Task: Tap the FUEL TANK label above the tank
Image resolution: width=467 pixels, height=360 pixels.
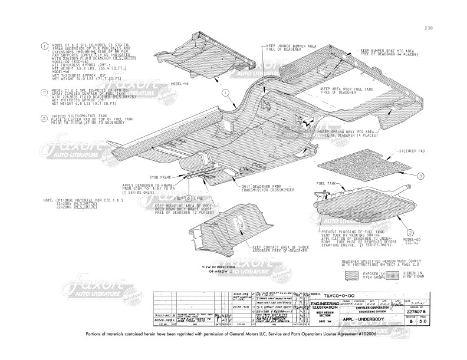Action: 327,184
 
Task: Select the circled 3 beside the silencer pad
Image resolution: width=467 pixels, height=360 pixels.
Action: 420,176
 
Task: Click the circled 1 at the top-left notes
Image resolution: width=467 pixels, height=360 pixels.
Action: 45,46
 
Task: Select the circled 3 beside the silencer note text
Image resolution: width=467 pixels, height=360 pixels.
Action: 45,118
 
